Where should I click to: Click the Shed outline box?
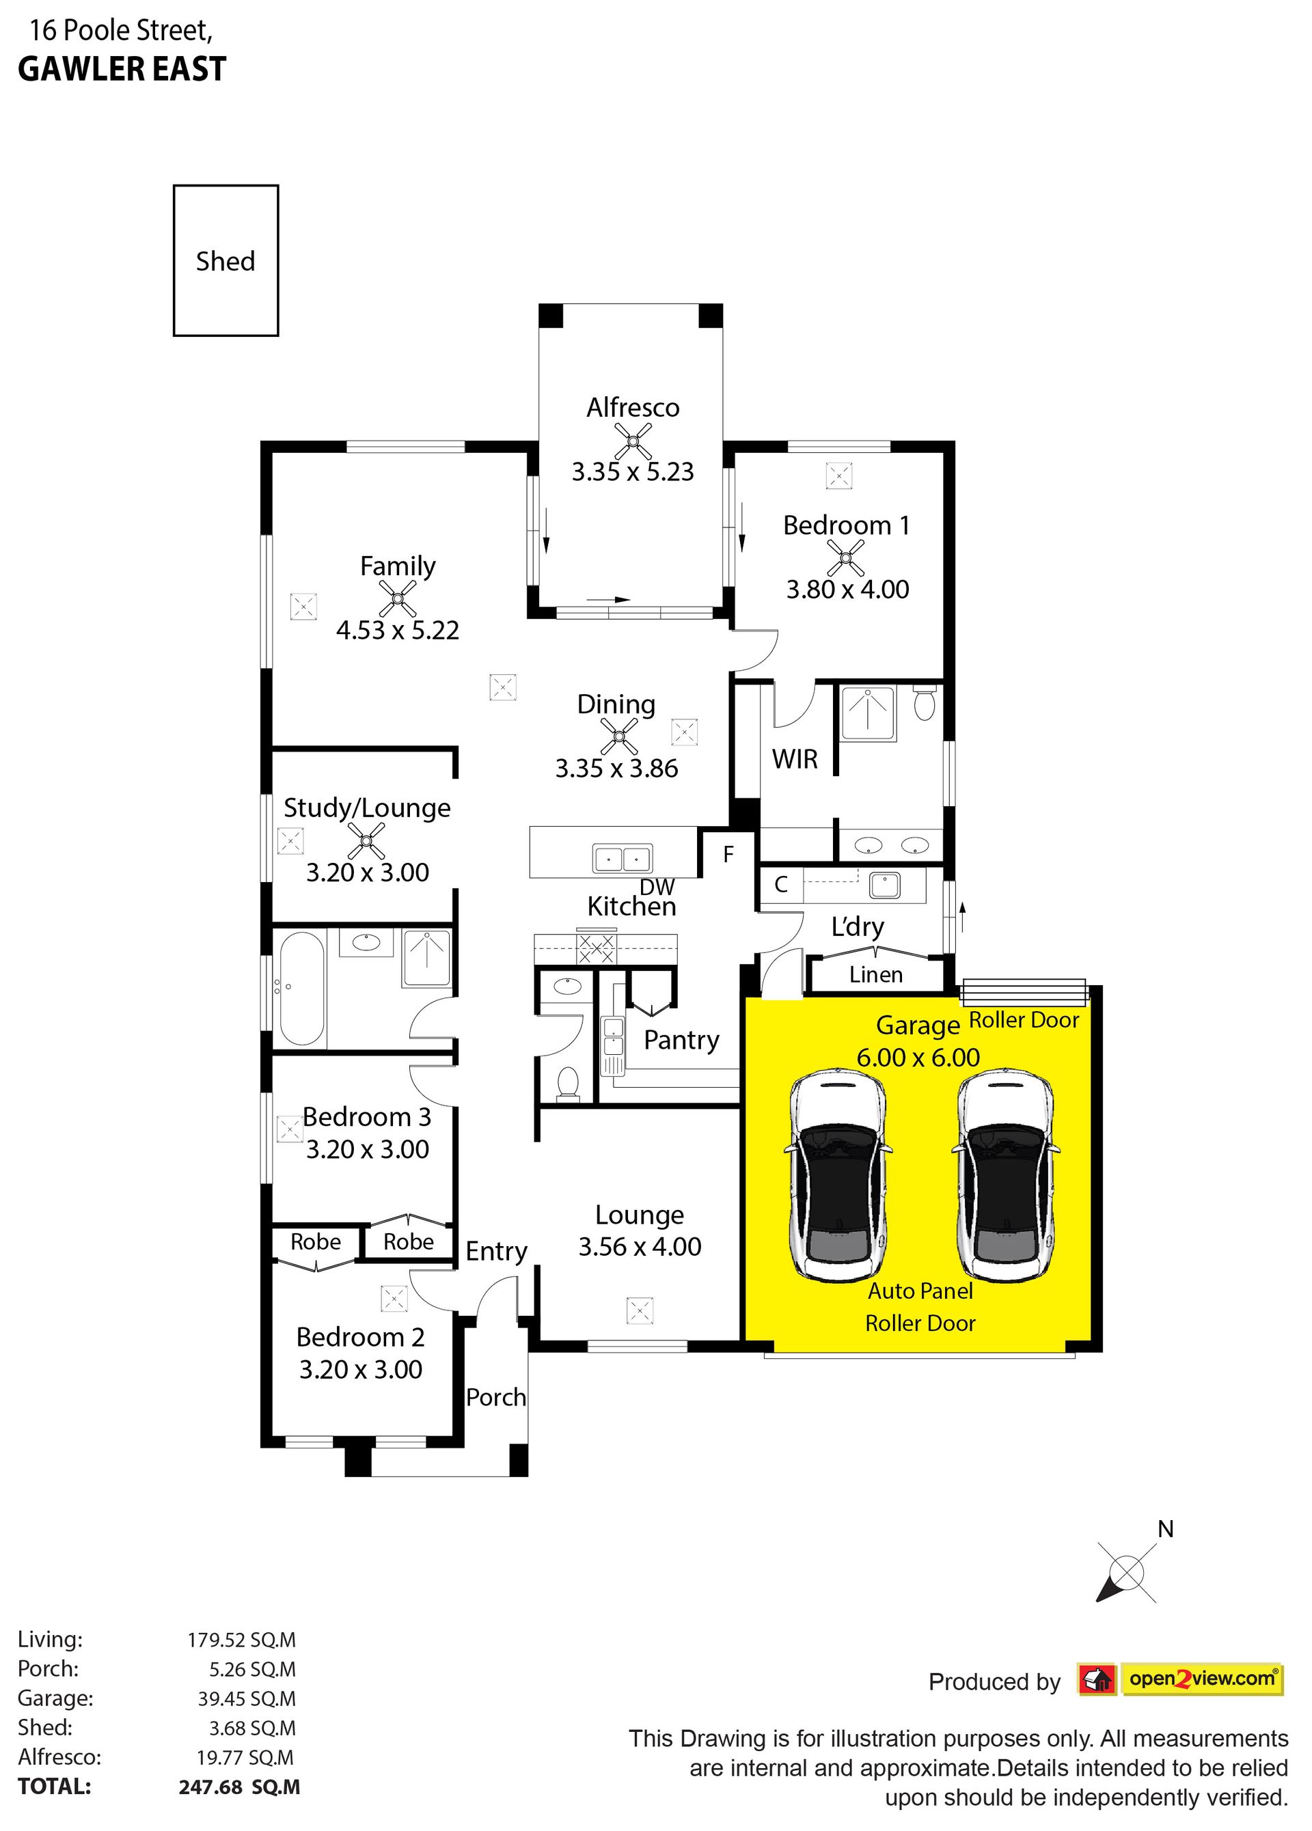point(174,260)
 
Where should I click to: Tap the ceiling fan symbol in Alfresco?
point(633,441)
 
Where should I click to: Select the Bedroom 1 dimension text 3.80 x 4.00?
point(848,590)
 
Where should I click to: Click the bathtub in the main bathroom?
point(301,988)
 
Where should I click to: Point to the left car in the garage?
point(840,1176)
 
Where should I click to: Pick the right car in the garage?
point(1008,1176)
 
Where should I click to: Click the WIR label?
point(795,759)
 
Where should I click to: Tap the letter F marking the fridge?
point(728,854)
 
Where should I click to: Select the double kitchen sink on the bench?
point(623,858)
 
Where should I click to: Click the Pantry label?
point(681,1041)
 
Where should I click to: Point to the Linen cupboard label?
point(876,974)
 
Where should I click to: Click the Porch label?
point(495,1397)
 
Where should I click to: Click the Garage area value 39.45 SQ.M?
point(247,1698)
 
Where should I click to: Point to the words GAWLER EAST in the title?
point(122,70)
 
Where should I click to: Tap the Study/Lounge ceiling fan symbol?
point(366,841)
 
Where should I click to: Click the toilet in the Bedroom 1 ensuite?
point(925,703)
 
